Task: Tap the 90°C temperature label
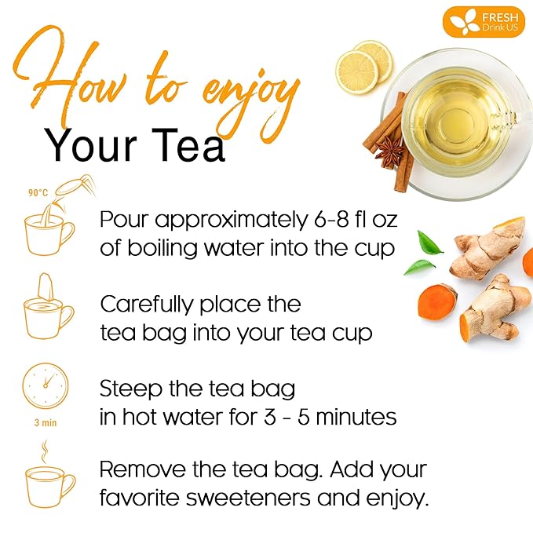37,192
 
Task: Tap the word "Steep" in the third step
129,389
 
